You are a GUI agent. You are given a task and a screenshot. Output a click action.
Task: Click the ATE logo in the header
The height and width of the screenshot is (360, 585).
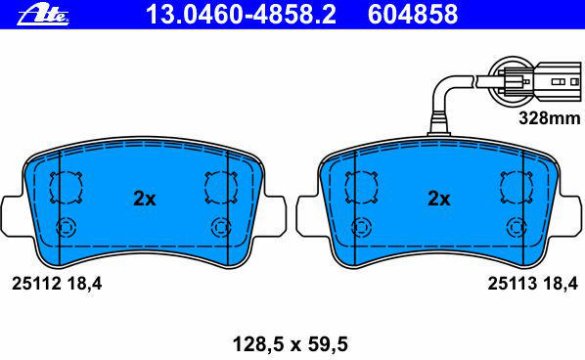(43, 16)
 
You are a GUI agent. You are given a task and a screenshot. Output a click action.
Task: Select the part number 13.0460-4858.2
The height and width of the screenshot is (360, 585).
(241, 14)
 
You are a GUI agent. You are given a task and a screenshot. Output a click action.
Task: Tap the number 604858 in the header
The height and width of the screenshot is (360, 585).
(413, 14)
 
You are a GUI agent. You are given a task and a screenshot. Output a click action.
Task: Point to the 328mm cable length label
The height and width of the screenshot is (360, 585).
(550, 118)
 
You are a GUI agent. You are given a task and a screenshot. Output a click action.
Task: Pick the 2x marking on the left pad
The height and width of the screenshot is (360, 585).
(145, 199)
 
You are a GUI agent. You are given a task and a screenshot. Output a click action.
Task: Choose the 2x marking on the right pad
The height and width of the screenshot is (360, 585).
(438, 199)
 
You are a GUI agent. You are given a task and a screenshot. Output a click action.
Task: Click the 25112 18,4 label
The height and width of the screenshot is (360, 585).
(57, 284)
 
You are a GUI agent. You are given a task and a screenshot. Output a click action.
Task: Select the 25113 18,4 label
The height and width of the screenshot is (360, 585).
(533, 284)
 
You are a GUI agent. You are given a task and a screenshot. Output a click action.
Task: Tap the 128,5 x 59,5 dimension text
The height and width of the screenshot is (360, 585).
(291, 344)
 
